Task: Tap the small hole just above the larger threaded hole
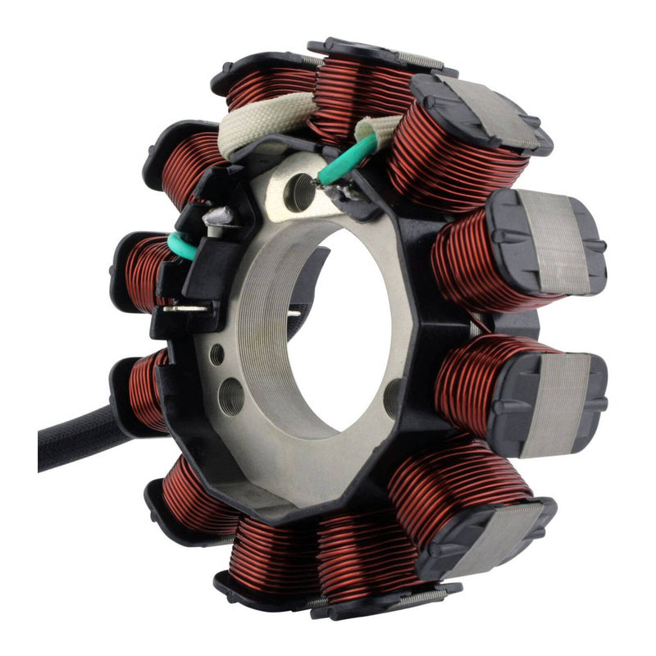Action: point(216,354)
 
